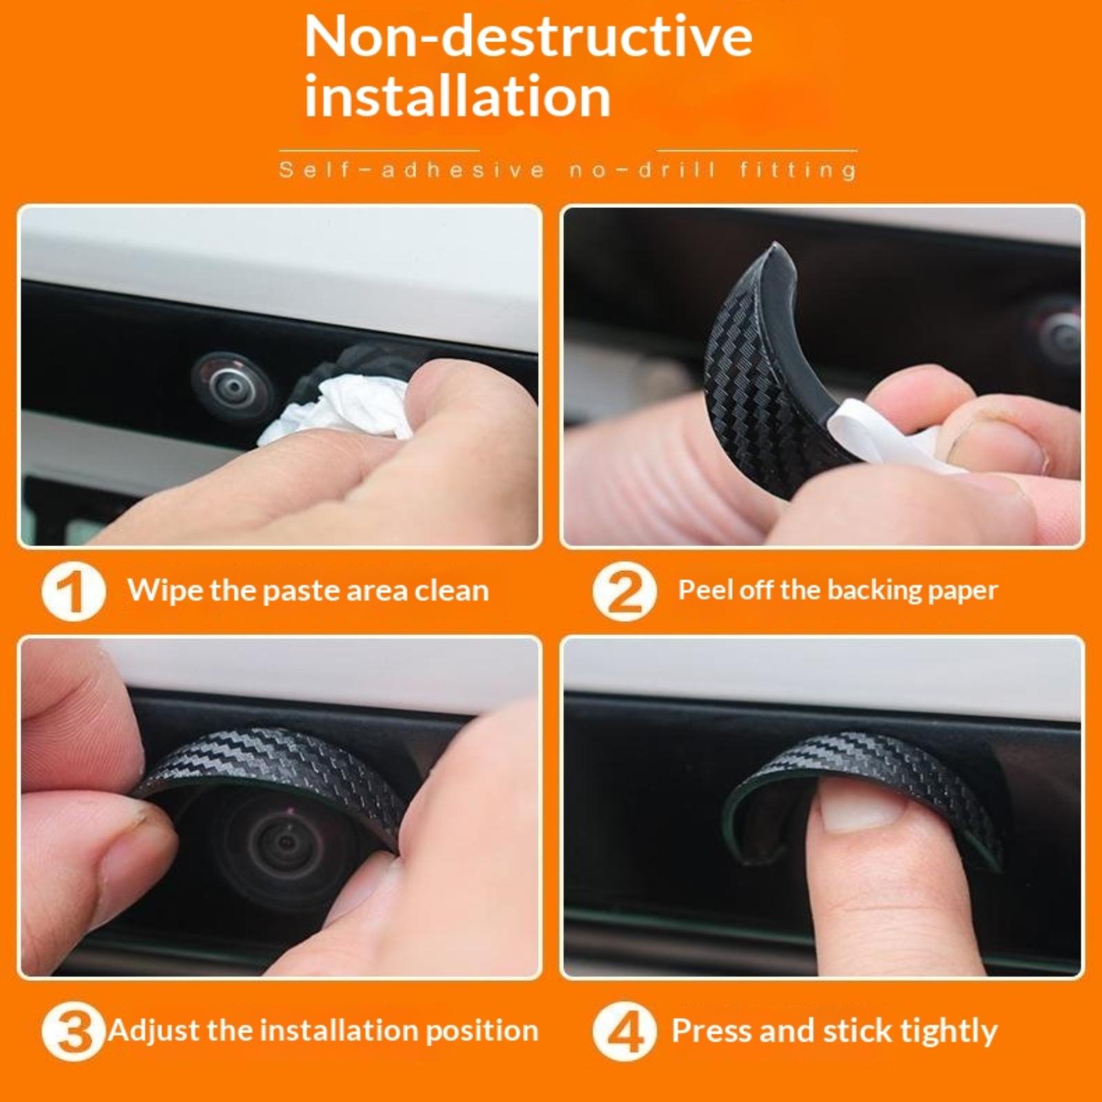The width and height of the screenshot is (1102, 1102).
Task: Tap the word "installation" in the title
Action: tap(457, 96)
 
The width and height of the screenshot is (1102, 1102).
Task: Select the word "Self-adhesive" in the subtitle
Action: tap(412, 169)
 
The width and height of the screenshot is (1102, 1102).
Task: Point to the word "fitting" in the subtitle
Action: tap(798, 170)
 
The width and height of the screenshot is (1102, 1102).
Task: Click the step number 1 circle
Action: tap(74, 592)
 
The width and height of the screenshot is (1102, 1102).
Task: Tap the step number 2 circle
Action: tap(624, 592)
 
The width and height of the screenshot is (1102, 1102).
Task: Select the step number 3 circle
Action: tap(74, 1032)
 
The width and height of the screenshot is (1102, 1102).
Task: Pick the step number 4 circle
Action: tap(624, 1032)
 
